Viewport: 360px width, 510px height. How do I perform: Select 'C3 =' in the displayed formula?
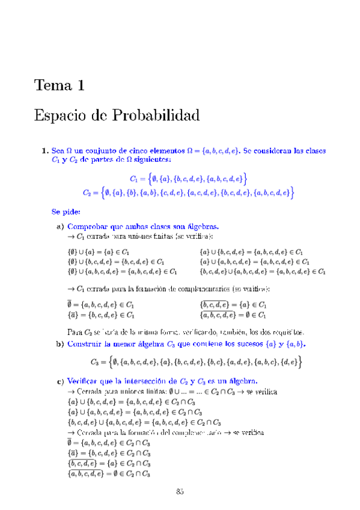click(x=98, y=361)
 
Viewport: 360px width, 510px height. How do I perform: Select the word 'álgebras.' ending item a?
click(x=203, y=227)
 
